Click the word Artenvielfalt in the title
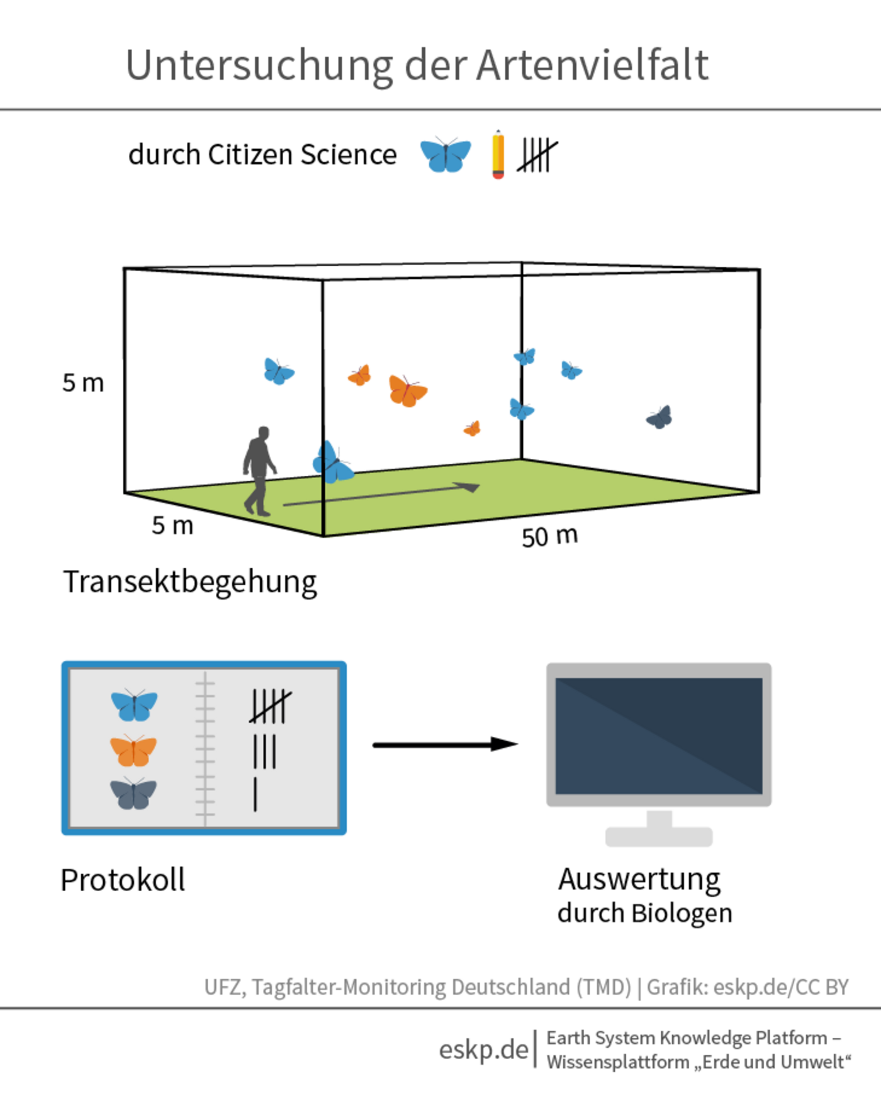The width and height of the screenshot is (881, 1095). click(592, 65)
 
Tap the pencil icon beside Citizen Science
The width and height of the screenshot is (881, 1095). click(498, 155)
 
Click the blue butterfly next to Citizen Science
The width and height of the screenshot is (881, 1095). click(446, 155)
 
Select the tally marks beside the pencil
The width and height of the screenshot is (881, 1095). click(537, 155)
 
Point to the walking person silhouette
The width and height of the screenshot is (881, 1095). click(259, 471)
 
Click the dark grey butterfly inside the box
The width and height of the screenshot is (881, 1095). click(659, 417)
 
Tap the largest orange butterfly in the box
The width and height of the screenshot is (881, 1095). click(407, 390)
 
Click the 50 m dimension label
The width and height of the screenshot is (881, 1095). click(549, 537)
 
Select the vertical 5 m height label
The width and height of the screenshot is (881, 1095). click(83, 383)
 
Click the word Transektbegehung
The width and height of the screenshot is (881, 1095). click(189, 582)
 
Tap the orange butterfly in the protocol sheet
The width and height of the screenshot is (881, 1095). click(133, 750)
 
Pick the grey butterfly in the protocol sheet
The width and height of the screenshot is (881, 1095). click(133, 793)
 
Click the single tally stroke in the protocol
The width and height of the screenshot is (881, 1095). click(255, 794)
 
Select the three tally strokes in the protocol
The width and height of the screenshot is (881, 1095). click(264, 751)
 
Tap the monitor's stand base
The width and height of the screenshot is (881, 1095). click(659, 837)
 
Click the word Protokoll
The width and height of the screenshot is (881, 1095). click(123, 880)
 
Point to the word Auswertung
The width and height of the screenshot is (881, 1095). click(639, 879)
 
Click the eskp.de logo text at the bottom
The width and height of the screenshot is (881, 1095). click(483, 1049)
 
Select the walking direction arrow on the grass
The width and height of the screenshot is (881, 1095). click(381, 495)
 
